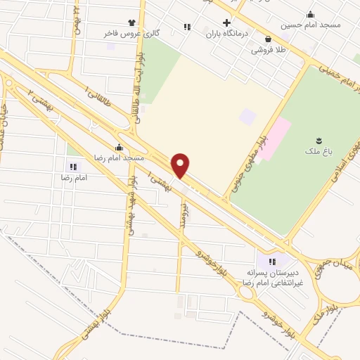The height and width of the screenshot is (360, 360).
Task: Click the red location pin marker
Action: [181, 165]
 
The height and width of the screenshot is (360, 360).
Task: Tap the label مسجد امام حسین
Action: [311, 25]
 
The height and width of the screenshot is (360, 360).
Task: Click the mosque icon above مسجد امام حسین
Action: [311, 14]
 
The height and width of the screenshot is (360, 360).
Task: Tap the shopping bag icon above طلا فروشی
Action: [268, 39]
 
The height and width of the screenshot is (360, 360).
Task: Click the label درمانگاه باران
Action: [226, 32]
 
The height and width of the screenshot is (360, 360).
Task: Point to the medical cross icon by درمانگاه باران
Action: [226, 22]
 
